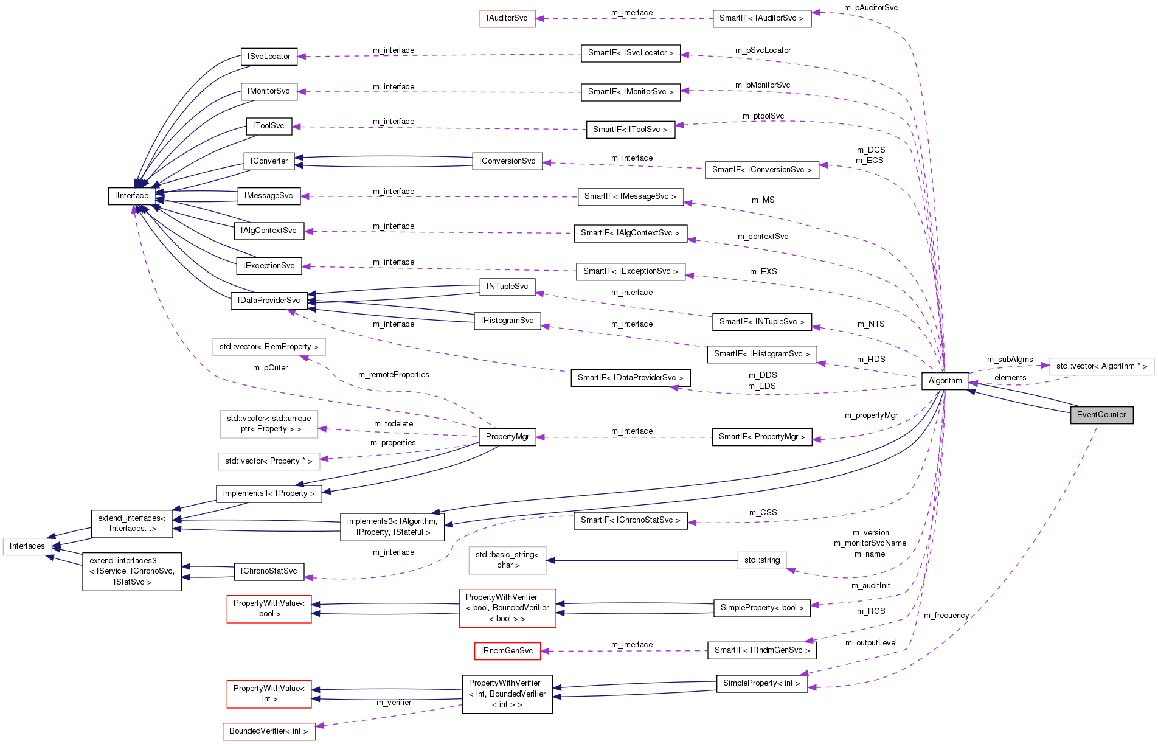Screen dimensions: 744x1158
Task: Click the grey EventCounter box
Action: tap(1101, 415)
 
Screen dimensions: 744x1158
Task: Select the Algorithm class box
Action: tap(945, 381)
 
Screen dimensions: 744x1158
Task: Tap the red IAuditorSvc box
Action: tap(507, 18)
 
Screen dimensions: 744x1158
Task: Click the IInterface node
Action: tap(131, 196)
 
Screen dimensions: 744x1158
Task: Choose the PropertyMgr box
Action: tap(507, 437)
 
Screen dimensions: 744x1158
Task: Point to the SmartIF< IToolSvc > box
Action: tap(630, 130)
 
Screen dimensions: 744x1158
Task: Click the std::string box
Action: tap(761, 560)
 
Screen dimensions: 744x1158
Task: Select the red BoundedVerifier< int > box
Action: tap(269, 731)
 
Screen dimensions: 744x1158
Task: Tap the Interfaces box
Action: tap(27, 546)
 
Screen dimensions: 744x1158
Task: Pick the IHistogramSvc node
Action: tap(507, 321)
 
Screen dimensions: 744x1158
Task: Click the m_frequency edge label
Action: tap(946, 616)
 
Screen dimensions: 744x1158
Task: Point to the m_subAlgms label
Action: tap(1010, 360)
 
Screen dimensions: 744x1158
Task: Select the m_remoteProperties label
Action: tap(394, 375)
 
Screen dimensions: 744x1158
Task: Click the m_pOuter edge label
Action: tap(270, 368)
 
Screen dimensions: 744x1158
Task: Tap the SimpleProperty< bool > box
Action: tap(761, 608)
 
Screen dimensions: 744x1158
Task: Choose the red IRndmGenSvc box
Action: tap(507, 651)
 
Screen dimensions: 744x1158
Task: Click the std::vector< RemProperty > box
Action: tap(269, 347)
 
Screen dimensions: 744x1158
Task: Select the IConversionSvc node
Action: tap(507, 161)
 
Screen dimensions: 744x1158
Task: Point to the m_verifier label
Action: tap(394, 703)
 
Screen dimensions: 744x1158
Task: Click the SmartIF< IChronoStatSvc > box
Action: tap(630, 520)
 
